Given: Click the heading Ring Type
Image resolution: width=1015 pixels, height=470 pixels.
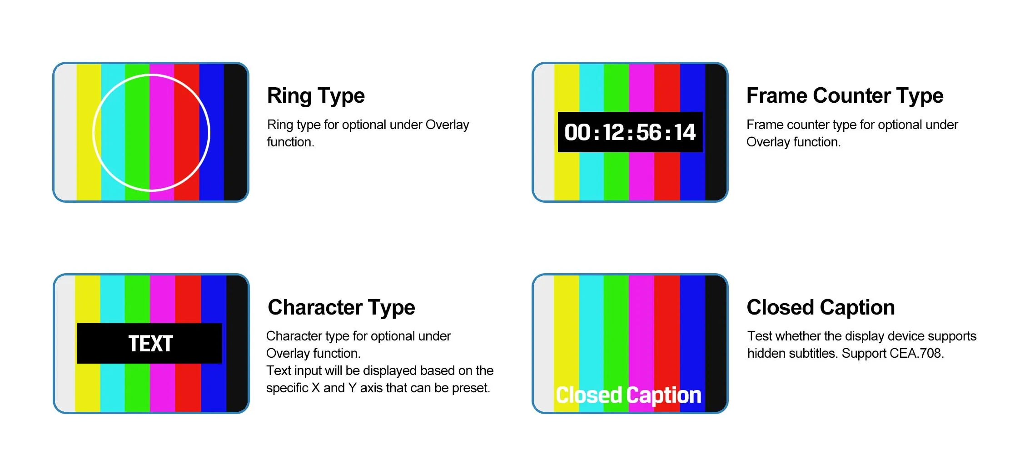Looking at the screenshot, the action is click(316, 96).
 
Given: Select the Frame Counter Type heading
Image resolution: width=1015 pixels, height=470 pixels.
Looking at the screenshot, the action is click(845, 96).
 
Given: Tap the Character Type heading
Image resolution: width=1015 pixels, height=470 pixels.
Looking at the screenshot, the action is click(341, 308).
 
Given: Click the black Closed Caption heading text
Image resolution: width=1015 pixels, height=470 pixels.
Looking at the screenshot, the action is click(821, 308).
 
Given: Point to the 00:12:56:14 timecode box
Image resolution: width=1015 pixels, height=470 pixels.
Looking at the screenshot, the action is click(630, 132).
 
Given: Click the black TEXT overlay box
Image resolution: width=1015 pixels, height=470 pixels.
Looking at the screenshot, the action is click(149, 343).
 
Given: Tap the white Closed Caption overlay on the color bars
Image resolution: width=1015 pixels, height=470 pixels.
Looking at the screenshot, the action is click(628, 395).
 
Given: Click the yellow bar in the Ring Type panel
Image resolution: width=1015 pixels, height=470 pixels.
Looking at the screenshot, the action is click(89, 132).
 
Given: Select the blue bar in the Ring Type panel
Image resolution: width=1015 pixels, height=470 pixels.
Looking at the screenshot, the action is click(212, 132).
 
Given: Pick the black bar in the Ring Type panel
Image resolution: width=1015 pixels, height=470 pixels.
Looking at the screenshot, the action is click(235, 132).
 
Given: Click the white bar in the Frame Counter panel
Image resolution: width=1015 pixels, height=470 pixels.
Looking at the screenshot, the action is click(544, 132).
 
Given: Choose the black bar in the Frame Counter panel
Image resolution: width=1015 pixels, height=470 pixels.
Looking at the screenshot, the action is click(716, 132).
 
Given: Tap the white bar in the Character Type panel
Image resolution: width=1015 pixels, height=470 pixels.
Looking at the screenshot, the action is click(65, 344).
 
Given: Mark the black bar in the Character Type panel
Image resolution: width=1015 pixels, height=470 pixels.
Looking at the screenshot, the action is click(237, 344).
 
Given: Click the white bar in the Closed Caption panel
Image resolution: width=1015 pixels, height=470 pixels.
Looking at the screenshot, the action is click(544, 344).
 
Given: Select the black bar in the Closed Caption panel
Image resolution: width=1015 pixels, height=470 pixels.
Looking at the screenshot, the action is click(716, 344).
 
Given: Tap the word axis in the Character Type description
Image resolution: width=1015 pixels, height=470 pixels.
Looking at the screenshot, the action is click(371, 388).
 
